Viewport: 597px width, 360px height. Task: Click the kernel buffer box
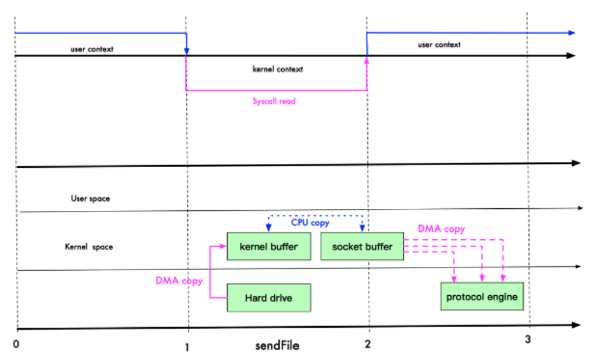point(269,247)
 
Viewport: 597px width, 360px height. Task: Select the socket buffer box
point(362,247)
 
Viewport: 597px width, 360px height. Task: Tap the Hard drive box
point(269,298)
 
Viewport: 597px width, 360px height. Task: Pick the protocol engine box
point(482,297)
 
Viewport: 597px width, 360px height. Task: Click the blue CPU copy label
point(310,223)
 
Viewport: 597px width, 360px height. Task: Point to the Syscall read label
point(274,101)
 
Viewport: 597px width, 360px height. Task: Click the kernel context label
point(278,69)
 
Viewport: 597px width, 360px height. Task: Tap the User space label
point(90,199)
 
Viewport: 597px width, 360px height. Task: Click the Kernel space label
point(89,246)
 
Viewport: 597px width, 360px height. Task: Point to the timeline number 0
point(16,344)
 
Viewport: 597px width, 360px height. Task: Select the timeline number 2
point(367,345)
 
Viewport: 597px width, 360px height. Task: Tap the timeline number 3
point(528,339)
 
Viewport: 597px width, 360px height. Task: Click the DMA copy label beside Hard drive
point(179,281)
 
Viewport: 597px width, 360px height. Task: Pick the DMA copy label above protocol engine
point(441,229)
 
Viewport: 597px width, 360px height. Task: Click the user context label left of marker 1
point(92,49)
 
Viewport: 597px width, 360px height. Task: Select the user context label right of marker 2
point(439,45)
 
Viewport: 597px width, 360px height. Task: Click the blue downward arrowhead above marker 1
point(187,51)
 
